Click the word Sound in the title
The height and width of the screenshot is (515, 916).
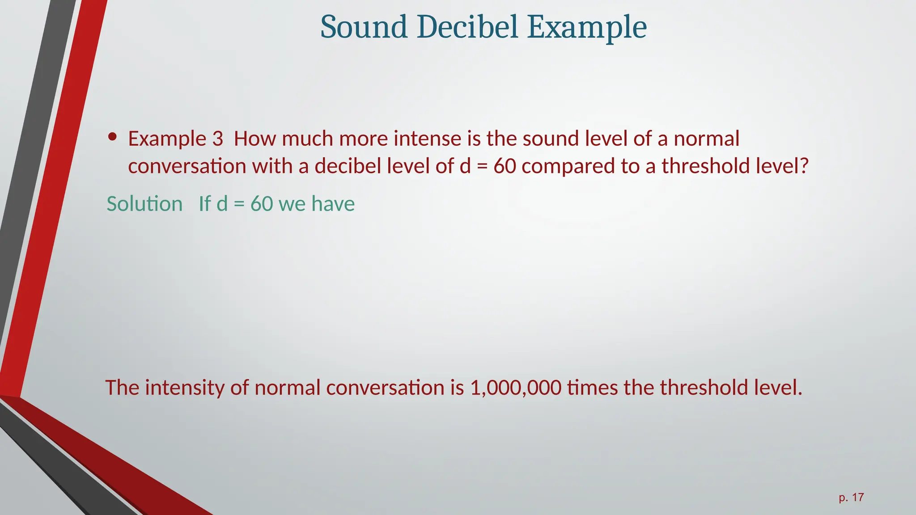point(364,27)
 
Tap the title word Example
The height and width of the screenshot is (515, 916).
point(586,28)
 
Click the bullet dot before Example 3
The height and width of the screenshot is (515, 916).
point(113,137)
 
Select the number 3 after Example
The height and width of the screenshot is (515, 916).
point(217,139)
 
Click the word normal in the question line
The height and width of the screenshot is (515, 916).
point(706,139)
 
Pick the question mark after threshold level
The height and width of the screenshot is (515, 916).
point(804,166)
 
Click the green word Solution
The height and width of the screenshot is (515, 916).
point(144,204)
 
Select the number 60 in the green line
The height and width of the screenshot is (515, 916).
point(261,204)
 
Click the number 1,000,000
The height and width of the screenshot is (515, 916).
point(515,388)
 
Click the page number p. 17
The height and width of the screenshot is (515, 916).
point(851,497)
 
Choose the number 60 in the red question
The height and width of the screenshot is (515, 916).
point(505,166)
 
